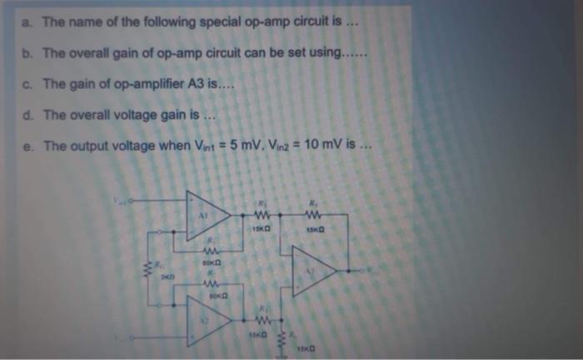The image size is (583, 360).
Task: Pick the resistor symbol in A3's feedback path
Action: click(x=316, y=212)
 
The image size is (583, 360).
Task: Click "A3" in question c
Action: click(x=186, y=83)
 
